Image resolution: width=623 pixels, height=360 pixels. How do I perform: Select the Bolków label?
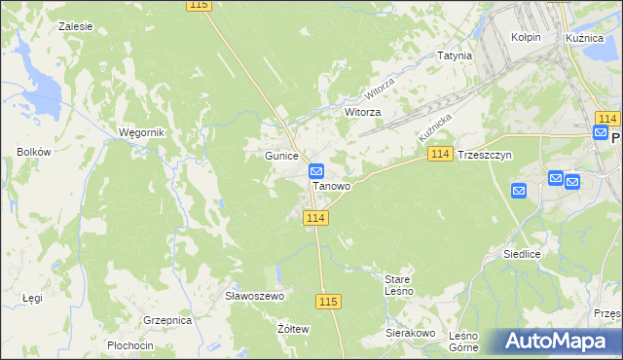click(33, 152)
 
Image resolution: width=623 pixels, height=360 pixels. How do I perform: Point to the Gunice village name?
click(280, 156)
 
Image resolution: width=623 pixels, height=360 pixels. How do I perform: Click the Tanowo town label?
click(331, 185)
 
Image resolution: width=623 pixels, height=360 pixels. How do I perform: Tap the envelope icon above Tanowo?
click(316, 170)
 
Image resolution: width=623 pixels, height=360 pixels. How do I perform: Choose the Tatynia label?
click(455, 55)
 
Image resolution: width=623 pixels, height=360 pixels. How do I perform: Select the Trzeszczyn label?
click(484, 155)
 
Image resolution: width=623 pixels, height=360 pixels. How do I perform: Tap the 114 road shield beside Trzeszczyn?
click(440, 155)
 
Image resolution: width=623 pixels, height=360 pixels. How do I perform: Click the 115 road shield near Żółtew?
click(328, 302)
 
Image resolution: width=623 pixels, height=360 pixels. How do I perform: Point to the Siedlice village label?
click(522, 253)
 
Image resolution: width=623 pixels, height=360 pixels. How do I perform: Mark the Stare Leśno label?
click(399, 285)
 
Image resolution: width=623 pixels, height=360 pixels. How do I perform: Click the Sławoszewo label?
click(253, 296)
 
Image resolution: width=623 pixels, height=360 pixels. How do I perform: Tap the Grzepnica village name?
click(165, 319)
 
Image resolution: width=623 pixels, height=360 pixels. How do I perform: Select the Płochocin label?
click(130, 345)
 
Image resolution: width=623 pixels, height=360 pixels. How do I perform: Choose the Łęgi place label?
click(32, 298)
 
